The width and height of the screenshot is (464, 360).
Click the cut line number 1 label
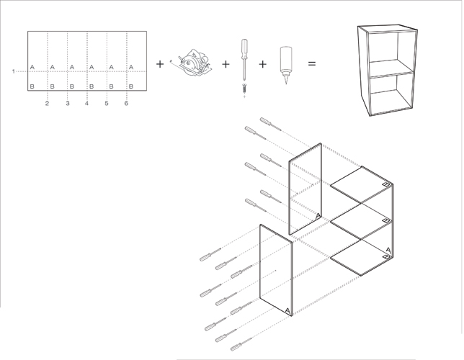pos(13,71)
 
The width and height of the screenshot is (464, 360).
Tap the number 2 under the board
pos(47,103)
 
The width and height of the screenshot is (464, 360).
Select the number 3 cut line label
pos(68,103)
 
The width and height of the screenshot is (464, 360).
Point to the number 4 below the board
pos(86,103)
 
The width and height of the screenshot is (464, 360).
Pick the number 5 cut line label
pos(107,103)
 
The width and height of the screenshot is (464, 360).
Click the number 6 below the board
pos(126,103)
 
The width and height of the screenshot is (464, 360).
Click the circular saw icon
pos(191,63)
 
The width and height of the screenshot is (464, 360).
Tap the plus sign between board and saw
pos(160,64)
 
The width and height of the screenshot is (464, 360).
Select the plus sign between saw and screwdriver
pos(226,64)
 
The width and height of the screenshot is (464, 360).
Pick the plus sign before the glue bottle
pos(263,64)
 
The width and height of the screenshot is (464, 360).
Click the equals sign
pos(312,63)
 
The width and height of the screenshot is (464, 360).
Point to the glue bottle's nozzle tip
pos(286,84)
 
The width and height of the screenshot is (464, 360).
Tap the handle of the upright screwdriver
pos(244,48)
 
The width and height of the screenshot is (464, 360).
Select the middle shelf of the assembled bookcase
pos(391,69)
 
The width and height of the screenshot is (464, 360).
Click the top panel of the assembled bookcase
pos(388,28)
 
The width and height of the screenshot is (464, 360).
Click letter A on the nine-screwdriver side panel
pos(288,311)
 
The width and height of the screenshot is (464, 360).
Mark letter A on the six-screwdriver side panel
pos(318,216)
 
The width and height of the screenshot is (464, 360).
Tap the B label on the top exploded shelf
pos(386,184)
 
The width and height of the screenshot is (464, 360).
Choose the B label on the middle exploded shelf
pos(385,220)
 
